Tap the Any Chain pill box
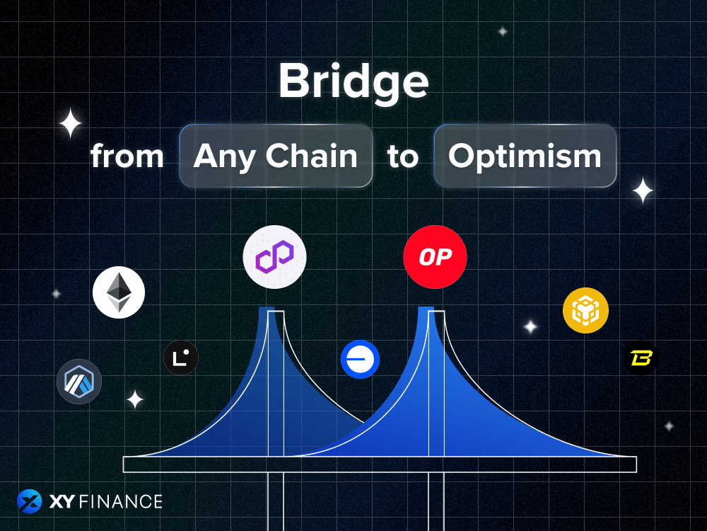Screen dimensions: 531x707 coord(276,156)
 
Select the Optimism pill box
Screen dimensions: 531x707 coord(525,156)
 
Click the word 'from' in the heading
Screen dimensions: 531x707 coord(127,156)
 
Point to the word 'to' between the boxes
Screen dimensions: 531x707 coord(403,156)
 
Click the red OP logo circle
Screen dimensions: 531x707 coord(435,258)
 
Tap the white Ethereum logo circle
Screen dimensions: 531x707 coord(119,292)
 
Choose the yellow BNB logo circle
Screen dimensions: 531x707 coord(585,310)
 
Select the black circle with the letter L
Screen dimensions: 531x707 coord(181,358)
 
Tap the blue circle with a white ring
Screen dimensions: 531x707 coord(360,360)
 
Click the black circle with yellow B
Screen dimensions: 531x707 coord(641,358)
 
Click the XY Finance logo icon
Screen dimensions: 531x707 coord(30,502)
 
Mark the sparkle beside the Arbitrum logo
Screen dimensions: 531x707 coord(134,399)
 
